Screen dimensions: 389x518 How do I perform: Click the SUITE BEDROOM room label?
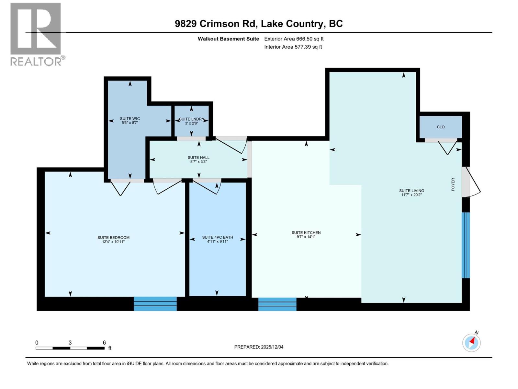click(x=113, y=238)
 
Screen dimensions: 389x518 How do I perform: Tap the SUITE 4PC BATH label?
click(x=218, y=237)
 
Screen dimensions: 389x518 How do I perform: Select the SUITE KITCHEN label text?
click(x=306, y=232)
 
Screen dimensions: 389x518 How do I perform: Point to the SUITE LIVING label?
click(x=411, y=191)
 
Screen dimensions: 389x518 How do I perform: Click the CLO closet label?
click(x=441, y=127)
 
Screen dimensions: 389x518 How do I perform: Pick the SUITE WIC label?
click(x=130, y=119)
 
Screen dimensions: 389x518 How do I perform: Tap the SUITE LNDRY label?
click(x=191, y=119)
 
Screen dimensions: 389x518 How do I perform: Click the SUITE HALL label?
click(x=198, y=158)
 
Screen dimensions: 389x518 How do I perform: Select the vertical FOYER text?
click(x=453, y=184)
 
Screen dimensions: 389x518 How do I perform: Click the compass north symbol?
click(x=471, y=342)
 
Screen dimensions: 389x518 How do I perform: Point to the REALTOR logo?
click(x=36, y=34)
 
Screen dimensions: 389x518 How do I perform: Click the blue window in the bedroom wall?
click(x=155, y=304)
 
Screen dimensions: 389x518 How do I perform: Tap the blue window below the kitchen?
click(x=277, y=304)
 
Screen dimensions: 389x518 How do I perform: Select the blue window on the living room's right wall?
click(x=466, y=245)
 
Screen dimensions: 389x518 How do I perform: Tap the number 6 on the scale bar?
click(x=104, y=342)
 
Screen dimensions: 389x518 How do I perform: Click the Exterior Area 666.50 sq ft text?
click(x=294, y=39)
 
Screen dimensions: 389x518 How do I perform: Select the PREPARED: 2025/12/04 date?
click(x=259, y=347)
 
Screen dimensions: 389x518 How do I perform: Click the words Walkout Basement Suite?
click(x=228, y=39)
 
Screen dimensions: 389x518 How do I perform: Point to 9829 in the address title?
click(x=186, y=24)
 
